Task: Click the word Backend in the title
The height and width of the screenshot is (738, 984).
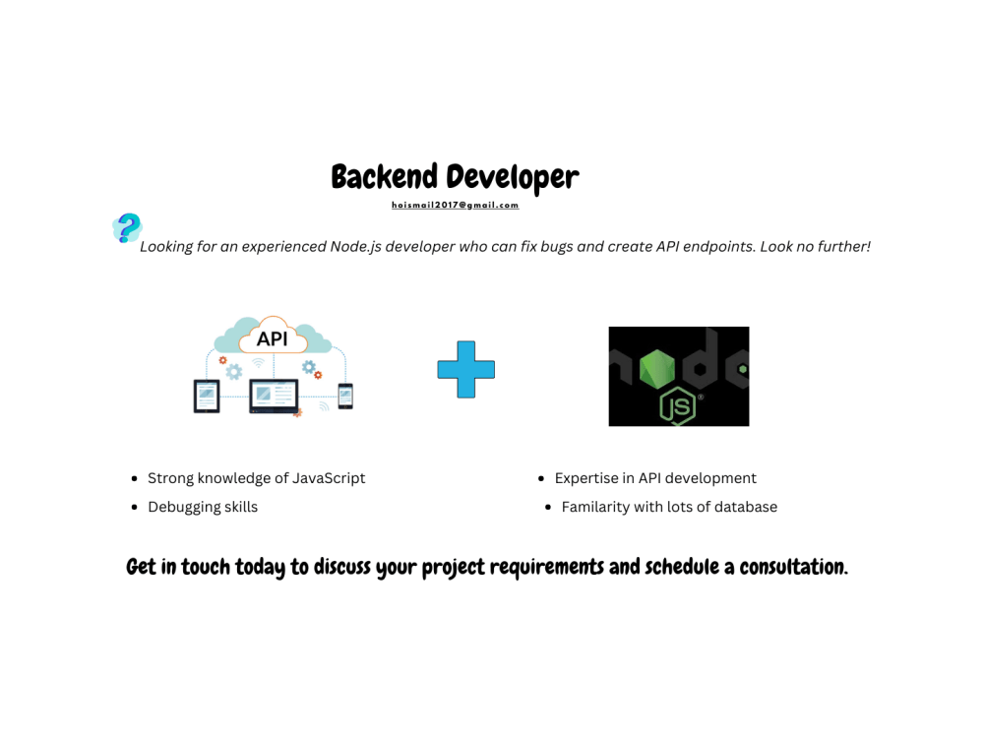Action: pyautogui.click(x=385, y=177)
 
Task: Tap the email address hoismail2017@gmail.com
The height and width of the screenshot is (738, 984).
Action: pyautogui.click(x=455, y=206)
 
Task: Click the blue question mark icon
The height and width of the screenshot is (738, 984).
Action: pyautogui.click(x=128, y=227)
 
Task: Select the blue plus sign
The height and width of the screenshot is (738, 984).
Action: pyautogui.click(x=466, y=370)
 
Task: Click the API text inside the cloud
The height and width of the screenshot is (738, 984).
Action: pyautogui.click(x=272, y=338)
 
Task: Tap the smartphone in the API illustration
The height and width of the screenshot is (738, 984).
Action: pyautogui.click(x=345, y=396)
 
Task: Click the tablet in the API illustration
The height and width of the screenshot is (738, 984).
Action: pyautogui.click(x=207, y=396)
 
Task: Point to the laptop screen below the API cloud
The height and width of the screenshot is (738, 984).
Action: pyautogui.click(x=273, y=395)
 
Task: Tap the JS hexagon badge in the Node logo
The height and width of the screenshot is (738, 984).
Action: pyautogui.click(x=677, y=405)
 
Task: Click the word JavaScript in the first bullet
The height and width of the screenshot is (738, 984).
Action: pyautogui.click(x=328, y=478)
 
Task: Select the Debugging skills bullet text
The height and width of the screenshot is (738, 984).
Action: pyautogui.click(x=203, y=507)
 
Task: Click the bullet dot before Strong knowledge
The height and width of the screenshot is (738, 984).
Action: pyautogui.click(x=134, y=479)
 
